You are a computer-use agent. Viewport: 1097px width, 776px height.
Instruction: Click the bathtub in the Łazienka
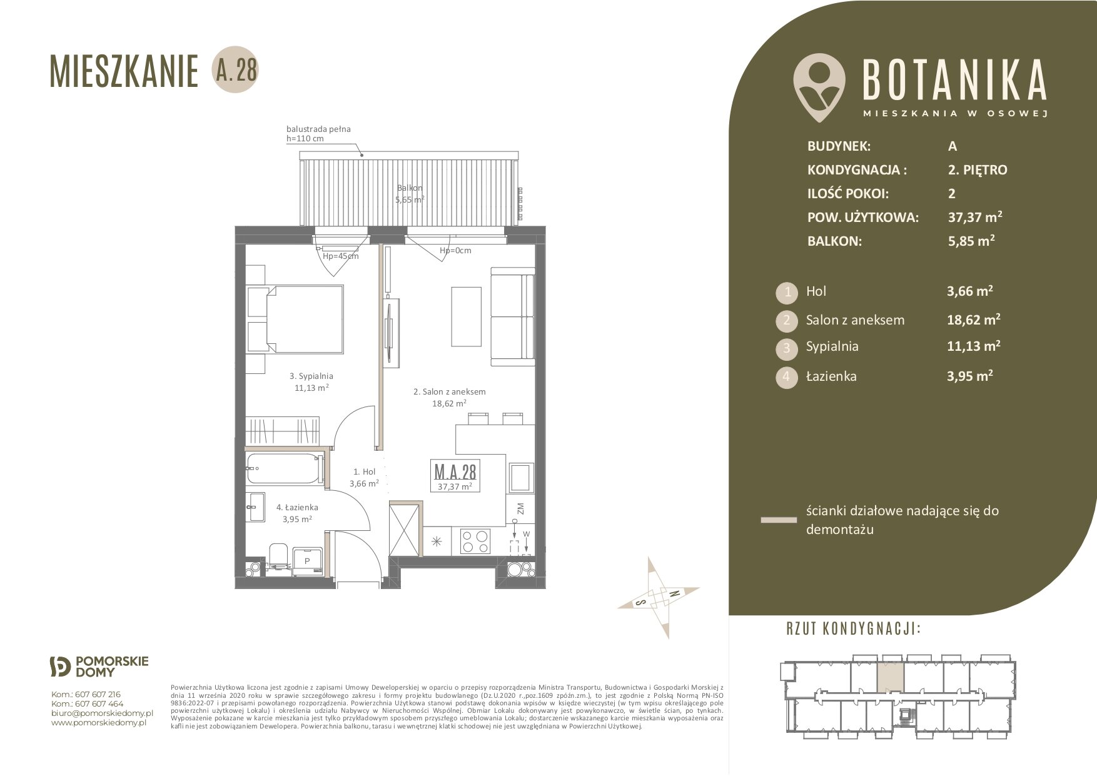coord(285,467)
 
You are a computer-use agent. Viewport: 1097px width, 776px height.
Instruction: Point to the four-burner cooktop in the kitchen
coord(475,541)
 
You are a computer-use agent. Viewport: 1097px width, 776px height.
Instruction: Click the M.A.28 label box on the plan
coord(455,475)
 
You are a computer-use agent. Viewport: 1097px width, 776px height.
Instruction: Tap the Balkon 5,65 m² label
coord(410,194)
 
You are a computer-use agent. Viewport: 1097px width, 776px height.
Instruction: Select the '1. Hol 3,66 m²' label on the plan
coord(364,478)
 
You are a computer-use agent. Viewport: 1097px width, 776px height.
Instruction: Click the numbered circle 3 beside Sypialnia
coord(786,348)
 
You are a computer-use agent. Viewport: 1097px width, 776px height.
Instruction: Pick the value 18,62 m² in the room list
coord(974,320)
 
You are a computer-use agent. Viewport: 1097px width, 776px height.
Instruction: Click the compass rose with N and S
coord(658,597)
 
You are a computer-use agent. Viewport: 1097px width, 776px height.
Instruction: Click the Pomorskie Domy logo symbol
coord(61,667)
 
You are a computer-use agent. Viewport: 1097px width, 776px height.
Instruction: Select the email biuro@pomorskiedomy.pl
coord(102,713)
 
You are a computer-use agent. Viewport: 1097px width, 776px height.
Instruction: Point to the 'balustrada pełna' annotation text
coord(318,129)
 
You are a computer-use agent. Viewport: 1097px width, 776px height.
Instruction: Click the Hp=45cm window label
coord(340,256)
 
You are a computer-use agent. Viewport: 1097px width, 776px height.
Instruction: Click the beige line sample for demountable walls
coord(779,520)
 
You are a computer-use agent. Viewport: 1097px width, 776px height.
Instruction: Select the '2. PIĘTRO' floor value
coord(978,169)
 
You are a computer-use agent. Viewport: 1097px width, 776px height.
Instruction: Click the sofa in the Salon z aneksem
coord(512,316)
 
